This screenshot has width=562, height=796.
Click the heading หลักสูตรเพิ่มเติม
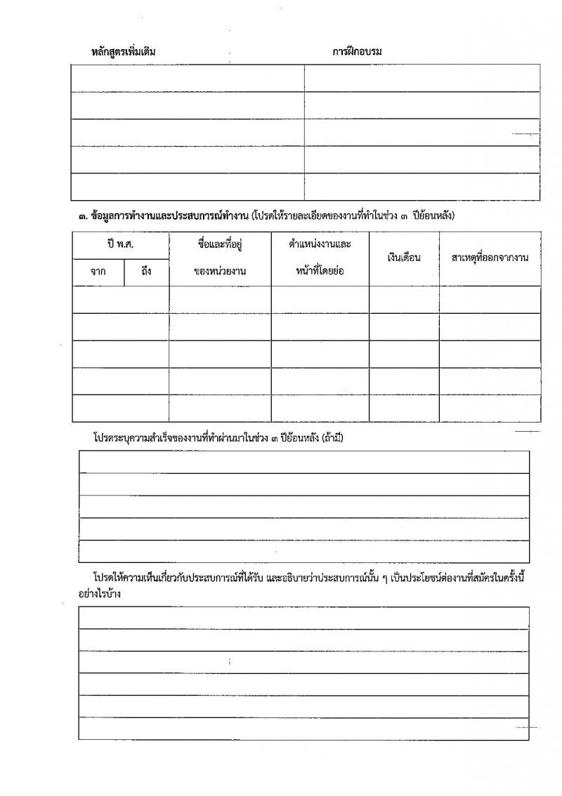tap(124, 51)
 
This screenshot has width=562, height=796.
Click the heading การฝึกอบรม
tap(357, 51)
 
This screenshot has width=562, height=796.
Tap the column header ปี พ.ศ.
tap(121, 244)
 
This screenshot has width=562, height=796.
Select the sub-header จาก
tap(98, 272)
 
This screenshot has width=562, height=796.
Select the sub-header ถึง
tap(146, 272)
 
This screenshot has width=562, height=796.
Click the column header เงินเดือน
tap(404, 258)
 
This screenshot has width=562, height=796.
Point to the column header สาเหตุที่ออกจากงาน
tap(490, 258)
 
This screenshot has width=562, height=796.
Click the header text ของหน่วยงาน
tap(220, 272)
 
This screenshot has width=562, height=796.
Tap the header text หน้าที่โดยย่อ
tap(320, 272)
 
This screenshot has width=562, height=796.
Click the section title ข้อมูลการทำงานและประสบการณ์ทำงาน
tap(169, 216)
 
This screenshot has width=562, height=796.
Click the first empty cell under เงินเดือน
tap(404, 299)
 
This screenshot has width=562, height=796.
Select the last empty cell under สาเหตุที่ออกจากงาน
tap(490, 408)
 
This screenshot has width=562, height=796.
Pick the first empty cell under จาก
tap(98, 299)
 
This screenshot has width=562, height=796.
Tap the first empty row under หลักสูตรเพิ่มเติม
tap(188, 78)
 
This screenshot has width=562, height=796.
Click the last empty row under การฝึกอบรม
tap(422, 187)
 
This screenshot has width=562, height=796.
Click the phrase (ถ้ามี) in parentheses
tap(332, 437)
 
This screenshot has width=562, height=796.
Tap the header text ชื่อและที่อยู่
tap(220, 244)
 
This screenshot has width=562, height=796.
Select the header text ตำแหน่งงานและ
tap(320, 244)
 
